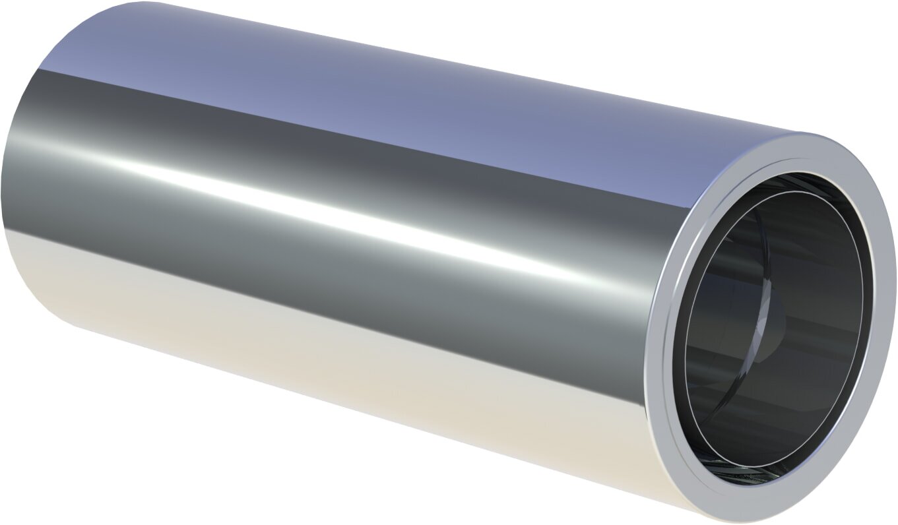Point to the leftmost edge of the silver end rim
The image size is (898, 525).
point(648,369)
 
